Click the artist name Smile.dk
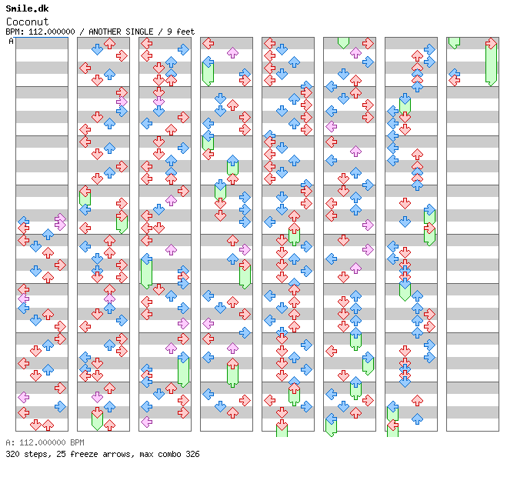click(27, 8)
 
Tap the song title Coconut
click(27, 22)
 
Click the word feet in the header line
click(185, 32)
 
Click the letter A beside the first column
click(11, 42)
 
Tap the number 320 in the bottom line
click(12, 454)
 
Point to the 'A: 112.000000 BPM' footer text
click(45, 442)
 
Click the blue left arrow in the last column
click(455, 74)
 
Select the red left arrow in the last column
click(455, 80)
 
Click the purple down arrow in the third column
click(158, 102)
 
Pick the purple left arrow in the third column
click(146, 422)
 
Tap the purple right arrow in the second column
click(122, 102)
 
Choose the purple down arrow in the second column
click(97, 397)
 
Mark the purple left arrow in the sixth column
click(331, 126)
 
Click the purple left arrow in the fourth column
click(208, 323)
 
